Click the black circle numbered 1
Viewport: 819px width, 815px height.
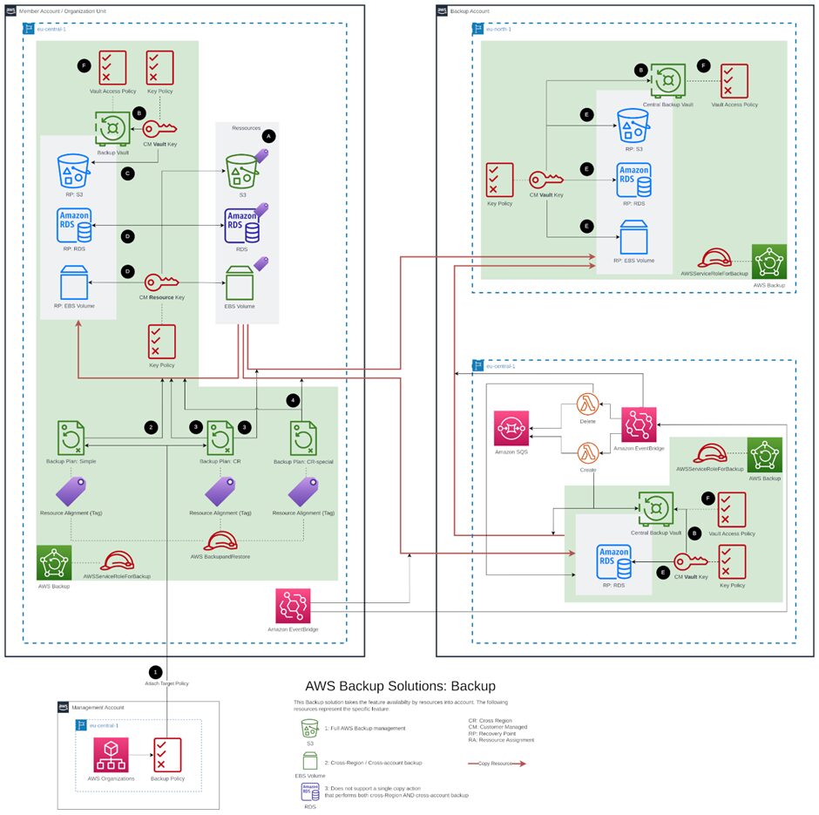(156, 672)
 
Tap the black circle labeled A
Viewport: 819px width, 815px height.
(268, 137)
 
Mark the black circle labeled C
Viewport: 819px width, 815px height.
(128, 173)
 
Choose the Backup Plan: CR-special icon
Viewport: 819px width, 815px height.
(304, 437)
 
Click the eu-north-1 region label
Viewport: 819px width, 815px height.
(499, 29)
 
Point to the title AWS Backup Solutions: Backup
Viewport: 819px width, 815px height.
(400, 686)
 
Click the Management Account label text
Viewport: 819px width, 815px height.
(98, 707)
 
